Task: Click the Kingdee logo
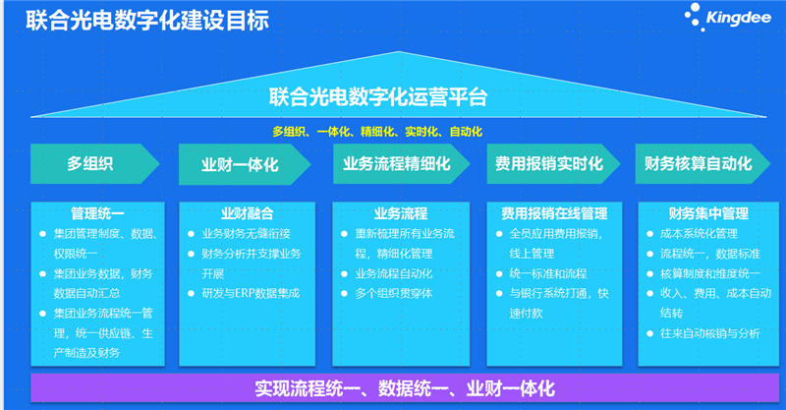728,18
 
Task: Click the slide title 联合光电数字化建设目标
147,21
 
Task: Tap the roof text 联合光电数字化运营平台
378,97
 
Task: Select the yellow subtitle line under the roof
377,132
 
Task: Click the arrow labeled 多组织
94,163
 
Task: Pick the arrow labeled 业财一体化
245,164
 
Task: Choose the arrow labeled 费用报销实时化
553,163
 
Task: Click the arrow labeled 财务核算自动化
702,163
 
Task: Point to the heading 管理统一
97,213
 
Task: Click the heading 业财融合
248,213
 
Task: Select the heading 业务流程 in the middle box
401,213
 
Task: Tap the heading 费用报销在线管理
554,213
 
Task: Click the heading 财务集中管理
708,213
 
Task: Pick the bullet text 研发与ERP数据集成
251,293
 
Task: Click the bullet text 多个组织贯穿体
394,293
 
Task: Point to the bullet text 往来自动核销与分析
709,333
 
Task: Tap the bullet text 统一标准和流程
548,273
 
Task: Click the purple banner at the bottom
405,388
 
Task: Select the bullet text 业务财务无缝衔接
247,233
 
